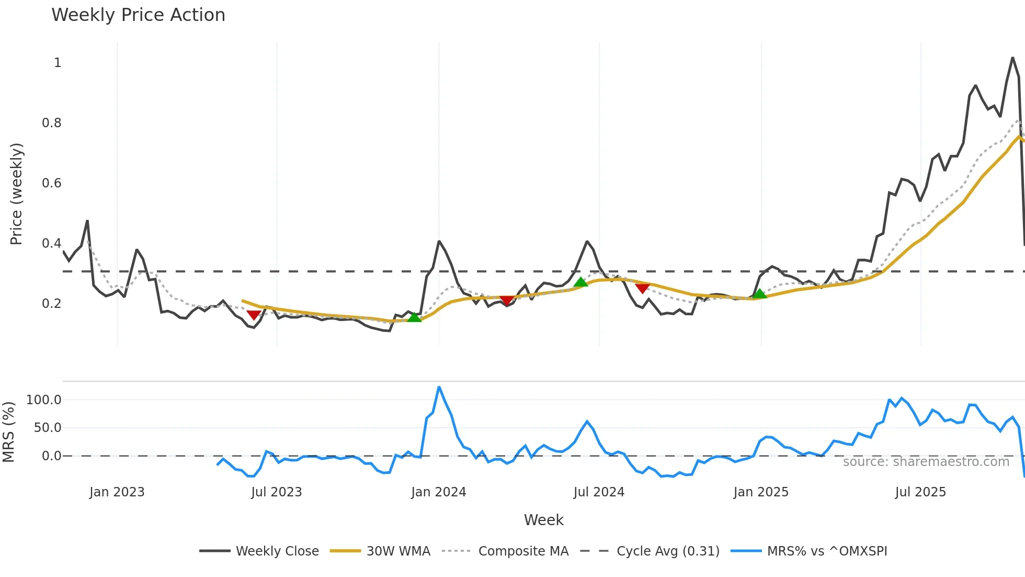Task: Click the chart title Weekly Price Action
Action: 138,15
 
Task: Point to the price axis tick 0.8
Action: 52,123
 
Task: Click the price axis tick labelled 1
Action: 58,63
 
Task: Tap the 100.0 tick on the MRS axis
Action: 44,400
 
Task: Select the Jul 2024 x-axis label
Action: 599,492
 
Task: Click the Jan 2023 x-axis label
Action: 117,492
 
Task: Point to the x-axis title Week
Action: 543,520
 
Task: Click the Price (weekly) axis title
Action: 16,194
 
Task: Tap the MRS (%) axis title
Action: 8,432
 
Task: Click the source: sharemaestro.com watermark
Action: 926,462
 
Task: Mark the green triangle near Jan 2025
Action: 760,294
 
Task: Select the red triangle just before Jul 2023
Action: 254,315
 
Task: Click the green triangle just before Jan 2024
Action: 414,317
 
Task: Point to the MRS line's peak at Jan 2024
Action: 439,387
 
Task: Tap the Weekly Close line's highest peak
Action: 1012,58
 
